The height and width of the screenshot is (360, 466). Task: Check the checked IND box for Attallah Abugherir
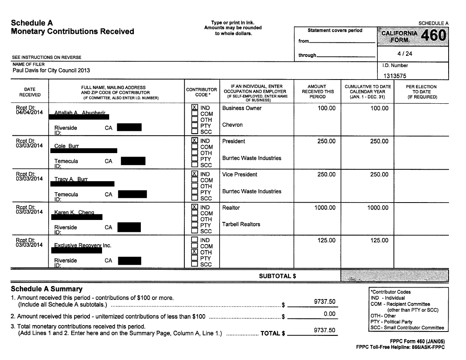click(x=195, y=108)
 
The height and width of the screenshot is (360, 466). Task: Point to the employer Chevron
click(x=233, y=125)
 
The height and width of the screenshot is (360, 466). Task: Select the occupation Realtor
click(x=231, y=207)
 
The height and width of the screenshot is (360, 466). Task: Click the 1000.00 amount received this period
click(x=325, y=207)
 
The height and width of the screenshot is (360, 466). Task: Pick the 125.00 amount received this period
click(x=326, y=241)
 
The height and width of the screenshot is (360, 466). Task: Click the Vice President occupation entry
click(x=240, y=174)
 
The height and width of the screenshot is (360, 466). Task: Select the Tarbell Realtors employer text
click(x=241, y=224)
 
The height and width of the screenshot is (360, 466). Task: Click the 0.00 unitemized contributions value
click(x=329, y=314)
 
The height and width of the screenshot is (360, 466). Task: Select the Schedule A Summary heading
click(x=47, y=289)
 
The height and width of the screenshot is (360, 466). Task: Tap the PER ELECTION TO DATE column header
click(x=421, y=92)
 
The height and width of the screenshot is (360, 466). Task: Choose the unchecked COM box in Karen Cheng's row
click(x=195, y=213)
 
